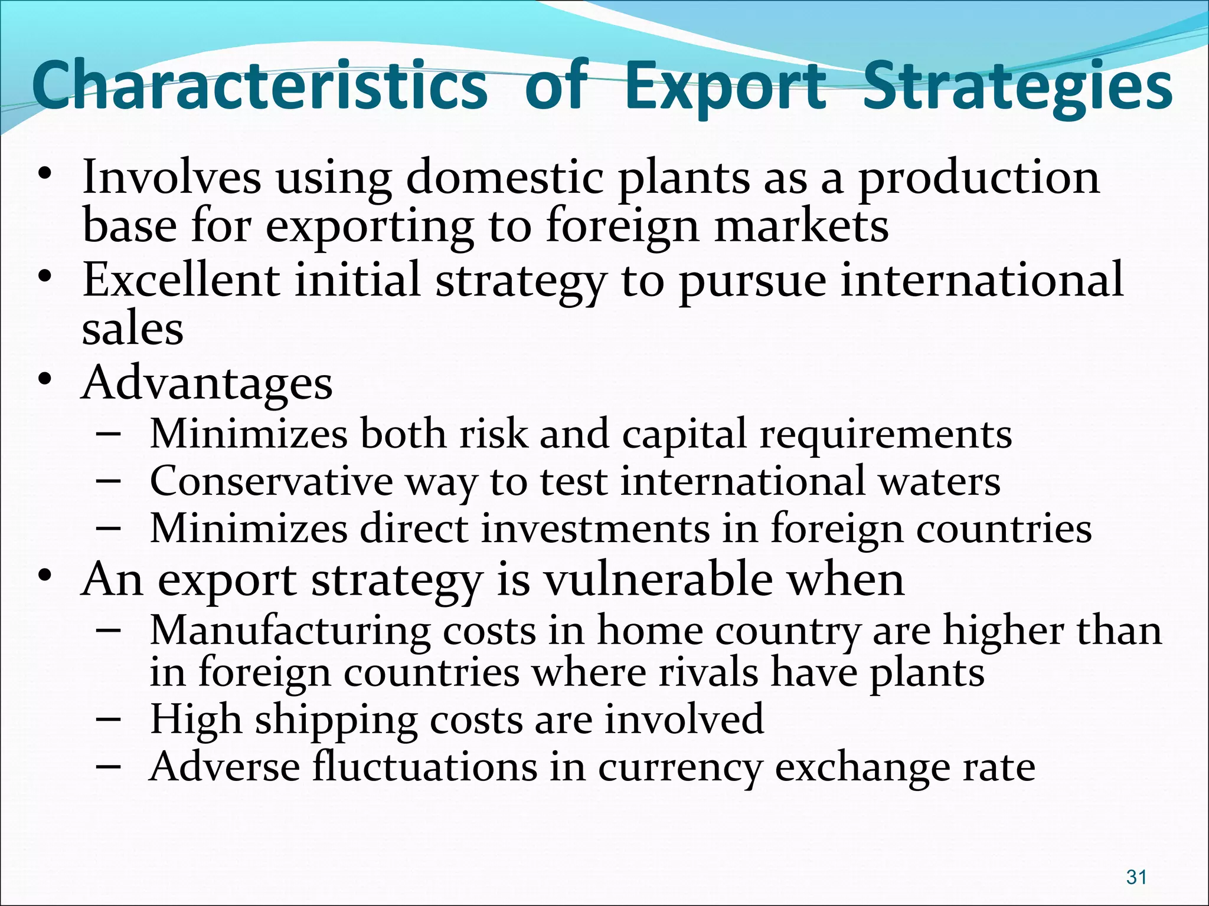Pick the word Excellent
coord(181,280)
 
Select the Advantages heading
coord(207,384)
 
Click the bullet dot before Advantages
coord(45,381)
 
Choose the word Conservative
coord(272,481)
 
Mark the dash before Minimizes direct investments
coord(108,529)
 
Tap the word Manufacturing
coord(290,632)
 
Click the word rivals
coord(708,672)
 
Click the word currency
coord(679,768)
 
